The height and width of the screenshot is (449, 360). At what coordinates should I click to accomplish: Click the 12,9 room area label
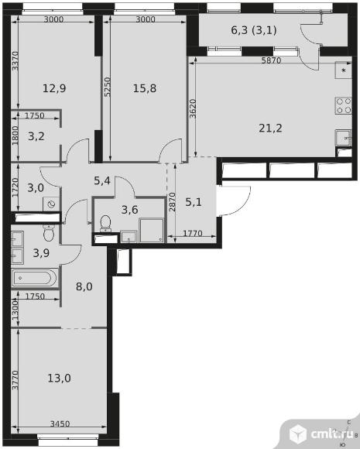(54, 88)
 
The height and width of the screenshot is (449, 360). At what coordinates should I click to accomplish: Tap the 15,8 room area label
(145, 88)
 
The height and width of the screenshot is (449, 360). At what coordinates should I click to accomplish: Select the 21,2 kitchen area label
(270, 128)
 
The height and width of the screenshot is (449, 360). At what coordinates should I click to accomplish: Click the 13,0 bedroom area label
(59, 379)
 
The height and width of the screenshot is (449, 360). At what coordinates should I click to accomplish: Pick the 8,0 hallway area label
(84, 286)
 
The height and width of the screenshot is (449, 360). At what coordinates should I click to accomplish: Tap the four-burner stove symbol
(344, 105)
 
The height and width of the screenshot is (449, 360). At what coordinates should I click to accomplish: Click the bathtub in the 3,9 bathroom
(35, 277)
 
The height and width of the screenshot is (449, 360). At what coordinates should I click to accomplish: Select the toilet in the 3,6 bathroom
(106, 223)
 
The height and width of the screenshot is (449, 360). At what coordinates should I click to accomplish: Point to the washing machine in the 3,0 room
(51, 204)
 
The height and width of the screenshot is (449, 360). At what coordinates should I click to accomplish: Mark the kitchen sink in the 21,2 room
(344, 138)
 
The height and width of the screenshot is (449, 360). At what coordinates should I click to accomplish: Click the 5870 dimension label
(271, 60)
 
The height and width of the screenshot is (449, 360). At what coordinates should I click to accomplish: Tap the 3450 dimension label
(60, 423)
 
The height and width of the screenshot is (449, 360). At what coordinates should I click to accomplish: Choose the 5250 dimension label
(107, 87)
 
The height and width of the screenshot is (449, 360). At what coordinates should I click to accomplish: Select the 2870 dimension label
(172, 202)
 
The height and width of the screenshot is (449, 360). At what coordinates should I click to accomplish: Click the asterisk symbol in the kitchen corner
(344, 70)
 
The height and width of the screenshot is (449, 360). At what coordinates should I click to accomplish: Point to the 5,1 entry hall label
(194, 203)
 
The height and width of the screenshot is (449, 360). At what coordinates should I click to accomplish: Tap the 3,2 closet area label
(36, 136)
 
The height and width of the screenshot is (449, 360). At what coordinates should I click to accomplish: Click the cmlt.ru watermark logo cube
(298, 434)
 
